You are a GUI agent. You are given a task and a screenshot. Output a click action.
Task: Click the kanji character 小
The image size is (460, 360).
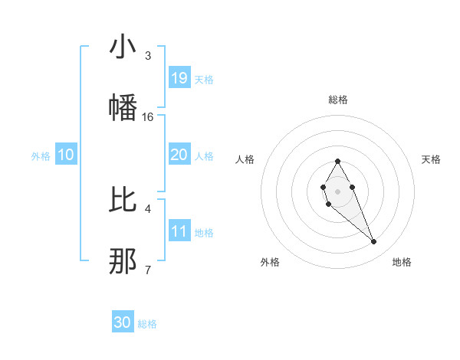pyautogui.click(x=123, y=47)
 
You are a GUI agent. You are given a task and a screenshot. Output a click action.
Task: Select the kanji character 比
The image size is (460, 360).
pyautogui.click(x=123, y=200)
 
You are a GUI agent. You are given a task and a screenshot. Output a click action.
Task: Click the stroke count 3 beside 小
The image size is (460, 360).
pyautogui.click(x=148, y=56)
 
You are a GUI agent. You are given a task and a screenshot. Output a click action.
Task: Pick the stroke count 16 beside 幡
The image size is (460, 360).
pyautogui.click(x=148, y=117)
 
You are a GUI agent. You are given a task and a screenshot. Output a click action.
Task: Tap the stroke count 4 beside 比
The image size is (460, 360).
pyautogui.click(x=148, y=208)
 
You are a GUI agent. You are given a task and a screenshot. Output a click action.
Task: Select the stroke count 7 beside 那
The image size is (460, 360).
pyautogui.click(x=148, y=270)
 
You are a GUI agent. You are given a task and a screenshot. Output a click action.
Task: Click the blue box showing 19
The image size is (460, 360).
pyautogui.click(x=179, y=78)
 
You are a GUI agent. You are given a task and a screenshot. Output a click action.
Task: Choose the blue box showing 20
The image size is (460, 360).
pyautogui.click(x=179, y=155)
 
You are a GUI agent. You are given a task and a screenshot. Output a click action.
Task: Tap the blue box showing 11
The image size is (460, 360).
pyautogui.click(x=179, y=231)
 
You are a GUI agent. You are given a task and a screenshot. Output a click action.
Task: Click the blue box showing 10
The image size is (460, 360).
pyautogui.click(x=66, y=155)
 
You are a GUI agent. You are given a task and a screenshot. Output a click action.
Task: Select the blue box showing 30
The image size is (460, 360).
pyautogui.click(x=123, y=322)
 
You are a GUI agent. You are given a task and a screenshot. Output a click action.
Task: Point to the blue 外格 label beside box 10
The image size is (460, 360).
pyautogui.click(x=41, y=156)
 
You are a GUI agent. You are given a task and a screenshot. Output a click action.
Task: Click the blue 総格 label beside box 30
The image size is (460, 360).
pyautogui.click(x=147, y=324)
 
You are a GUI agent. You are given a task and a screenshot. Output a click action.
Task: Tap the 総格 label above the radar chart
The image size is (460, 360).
pyautogui.click(x=337, y=100)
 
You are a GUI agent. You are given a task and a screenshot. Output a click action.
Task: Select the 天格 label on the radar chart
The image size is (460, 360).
pyautogui.click(x=431, y=159)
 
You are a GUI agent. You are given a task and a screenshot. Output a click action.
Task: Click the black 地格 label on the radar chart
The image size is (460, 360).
pyautogui.click(x=402, y=262)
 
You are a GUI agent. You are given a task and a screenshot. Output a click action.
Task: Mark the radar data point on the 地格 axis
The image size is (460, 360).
pyautogui.click(x=374, y=242)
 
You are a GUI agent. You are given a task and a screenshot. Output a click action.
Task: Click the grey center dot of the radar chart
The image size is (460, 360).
pyautogui.click(x=337, y=191)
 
